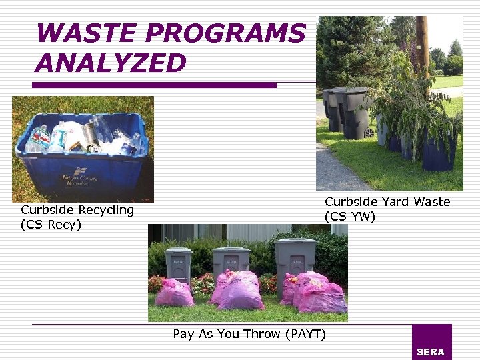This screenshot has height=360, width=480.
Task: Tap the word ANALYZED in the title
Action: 110,63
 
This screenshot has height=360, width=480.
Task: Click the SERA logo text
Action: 430,352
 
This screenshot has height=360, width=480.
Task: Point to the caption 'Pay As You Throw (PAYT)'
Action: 249,334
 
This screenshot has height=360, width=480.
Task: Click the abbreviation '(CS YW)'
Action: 350,217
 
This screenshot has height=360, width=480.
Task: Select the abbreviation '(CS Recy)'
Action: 51,225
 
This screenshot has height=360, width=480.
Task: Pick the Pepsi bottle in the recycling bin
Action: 39,139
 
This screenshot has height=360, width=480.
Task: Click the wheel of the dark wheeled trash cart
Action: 369,132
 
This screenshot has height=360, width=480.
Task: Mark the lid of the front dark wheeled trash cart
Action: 355,91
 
